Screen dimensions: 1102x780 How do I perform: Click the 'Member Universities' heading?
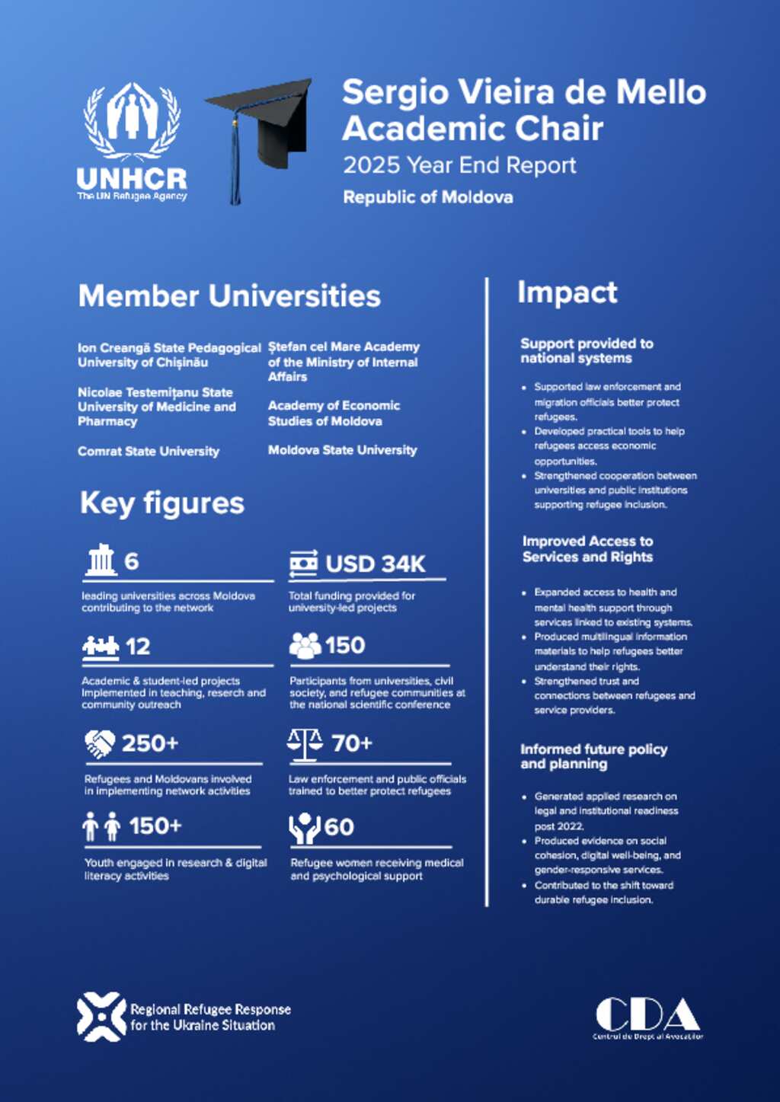pos(229,295)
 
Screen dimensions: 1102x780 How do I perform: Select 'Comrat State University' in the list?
pos(149,451)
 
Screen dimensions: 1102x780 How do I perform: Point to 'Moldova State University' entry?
pos(342,450)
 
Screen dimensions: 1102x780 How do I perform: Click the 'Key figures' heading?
pos(162,503)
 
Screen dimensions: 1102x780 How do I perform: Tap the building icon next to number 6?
pos(101,561)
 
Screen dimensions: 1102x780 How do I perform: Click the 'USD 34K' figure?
pos(375,564)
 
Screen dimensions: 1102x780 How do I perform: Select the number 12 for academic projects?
pos(138,647)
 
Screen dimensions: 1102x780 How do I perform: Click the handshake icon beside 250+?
pos(100,743)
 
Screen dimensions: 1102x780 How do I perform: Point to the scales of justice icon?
pos(305,744)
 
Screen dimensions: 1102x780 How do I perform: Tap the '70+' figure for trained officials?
pos(352,743)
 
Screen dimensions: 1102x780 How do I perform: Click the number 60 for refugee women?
pos(339,827)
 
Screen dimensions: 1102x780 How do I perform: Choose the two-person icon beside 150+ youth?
pos(101,826)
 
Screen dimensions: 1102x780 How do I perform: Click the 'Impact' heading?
pos(567,292)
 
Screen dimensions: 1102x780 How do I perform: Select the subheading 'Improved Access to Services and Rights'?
pos(587,549)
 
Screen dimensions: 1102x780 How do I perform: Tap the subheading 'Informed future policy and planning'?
pos(593,756)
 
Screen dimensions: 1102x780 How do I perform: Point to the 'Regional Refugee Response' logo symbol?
pos(101,1017)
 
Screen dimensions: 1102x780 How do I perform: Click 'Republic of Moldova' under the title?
pos(427,197)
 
